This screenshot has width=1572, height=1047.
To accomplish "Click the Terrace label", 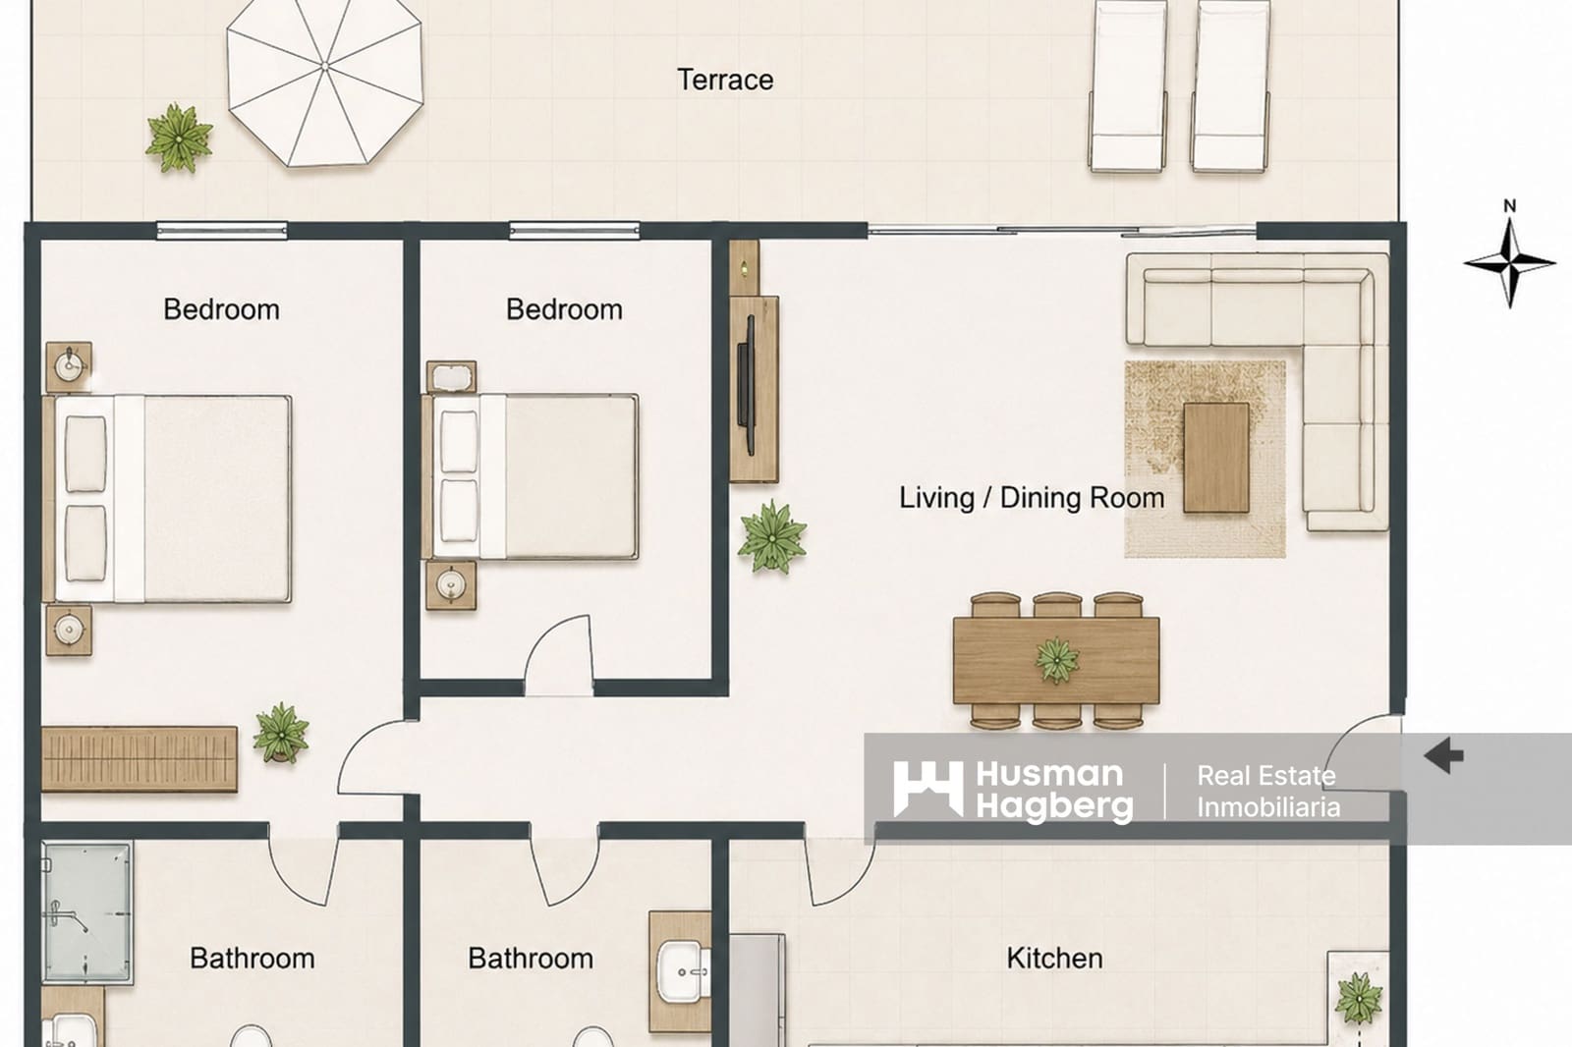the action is pos(725,80).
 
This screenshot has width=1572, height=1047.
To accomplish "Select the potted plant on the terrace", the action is pos(179,138).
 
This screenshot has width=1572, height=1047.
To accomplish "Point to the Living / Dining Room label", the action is pos(1032,498).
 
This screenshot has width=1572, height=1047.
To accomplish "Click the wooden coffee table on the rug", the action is pos(1216,458).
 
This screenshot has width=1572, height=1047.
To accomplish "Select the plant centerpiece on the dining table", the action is pos(1057,660).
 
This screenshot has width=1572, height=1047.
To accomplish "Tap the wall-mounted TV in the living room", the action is pos(746,385).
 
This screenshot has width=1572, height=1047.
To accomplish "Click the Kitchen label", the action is pos(1054,958).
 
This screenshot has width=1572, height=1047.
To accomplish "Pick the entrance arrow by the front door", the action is pos(1443,755).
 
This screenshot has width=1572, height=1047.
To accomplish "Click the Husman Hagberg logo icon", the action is pos(927,790).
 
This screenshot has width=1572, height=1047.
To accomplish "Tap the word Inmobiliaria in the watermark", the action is pos(1268,807).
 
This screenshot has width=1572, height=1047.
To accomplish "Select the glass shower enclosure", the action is pos(87,912).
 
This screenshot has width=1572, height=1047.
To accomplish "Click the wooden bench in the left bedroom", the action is pos(139,759).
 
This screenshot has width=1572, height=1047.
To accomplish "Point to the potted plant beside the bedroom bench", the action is pos(281,733).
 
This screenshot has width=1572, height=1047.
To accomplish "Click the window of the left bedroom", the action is pos(222,230).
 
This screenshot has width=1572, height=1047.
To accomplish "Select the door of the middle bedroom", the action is pos(559,655).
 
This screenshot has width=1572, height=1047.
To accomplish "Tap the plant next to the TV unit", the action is pos(772,537).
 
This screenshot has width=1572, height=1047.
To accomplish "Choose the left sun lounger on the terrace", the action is pos(1127,85).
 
